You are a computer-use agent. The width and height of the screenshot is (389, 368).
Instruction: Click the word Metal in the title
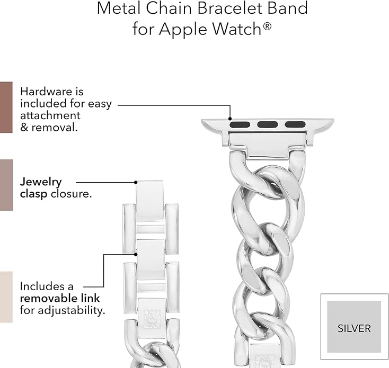click(119, 8)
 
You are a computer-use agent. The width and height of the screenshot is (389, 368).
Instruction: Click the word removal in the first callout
click(55, 128)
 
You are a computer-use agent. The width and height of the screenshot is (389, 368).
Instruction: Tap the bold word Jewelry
click(41, 183)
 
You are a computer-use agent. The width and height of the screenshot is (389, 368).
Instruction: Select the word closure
click(71, 194)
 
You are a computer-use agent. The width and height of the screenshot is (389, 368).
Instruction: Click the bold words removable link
click(60, 298)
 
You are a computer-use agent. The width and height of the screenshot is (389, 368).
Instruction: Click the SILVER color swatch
click(354, 327)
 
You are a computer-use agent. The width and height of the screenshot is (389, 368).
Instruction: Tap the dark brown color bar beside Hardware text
click(6, 107)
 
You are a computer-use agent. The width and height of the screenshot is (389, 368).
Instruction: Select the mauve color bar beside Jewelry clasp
click(6, 185)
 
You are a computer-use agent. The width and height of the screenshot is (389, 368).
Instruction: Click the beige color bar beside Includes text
click(6, 297)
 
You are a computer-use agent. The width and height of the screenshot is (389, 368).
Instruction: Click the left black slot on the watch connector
click(240, 124)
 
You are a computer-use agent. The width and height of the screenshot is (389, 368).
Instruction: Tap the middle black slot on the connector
click(268, 124)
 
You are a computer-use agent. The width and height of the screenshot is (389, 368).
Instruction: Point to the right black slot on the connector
click(295, 124)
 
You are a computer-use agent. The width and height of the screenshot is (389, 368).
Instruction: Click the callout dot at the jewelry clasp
click(136, 182)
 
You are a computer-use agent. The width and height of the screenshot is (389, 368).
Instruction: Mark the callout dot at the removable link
click(136, 254)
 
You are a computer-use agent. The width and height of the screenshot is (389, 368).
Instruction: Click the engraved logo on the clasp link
click(152, 319)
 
